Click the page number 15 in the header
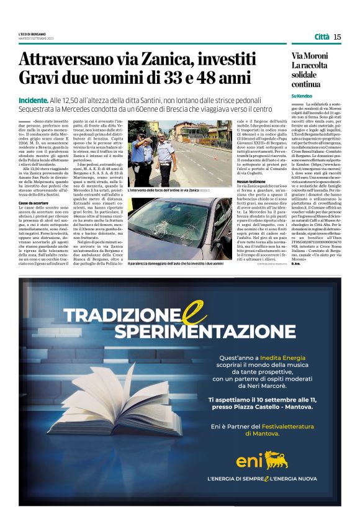(x=337, y=37)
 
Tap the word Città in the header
(x=322, y=37)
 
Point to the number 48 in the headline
(x=200, y=78)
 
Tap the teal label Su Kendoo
(x=302, y=96)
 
